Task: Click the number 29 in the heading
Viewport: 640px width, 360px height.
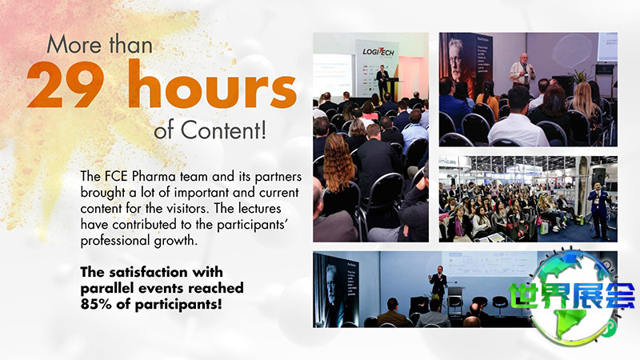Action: pyautogui.click(x=66, y=85)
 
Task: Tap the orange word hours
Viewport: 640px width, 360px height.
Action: pyautogui.click(x=212, y=83)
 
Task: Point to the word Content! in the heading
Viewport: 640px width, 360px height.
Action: pyautogui.click(x=224, y=130)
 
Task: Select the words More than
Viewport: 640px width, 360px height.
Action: pyautogui.click(x=100, y=44)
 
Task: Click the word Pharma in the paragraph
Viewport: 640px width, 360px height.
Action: pyautogui.click(x=154, y=176)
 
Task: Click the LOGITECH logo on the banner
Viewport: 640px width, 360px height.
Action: pyautogui.click(x=378, y=51)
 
